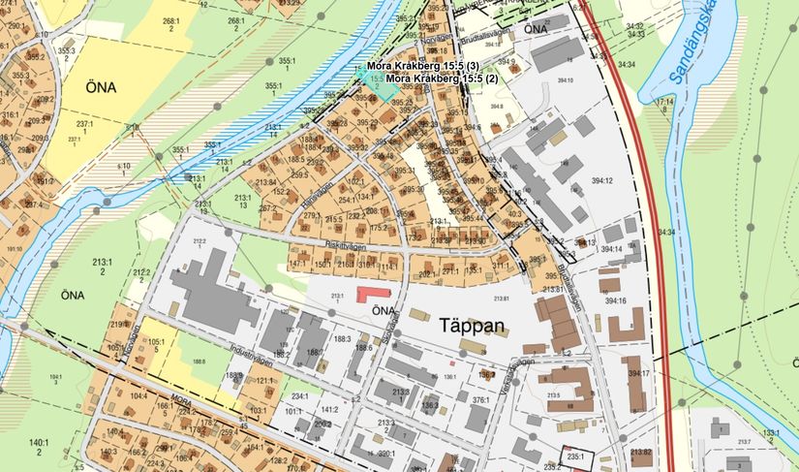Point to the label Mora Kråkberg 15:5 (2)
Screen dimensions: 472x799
point(442,79)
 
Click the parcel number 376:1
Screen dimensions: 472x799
point(480,398)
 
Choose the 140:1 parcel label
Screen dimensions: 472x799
point(38,446)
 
